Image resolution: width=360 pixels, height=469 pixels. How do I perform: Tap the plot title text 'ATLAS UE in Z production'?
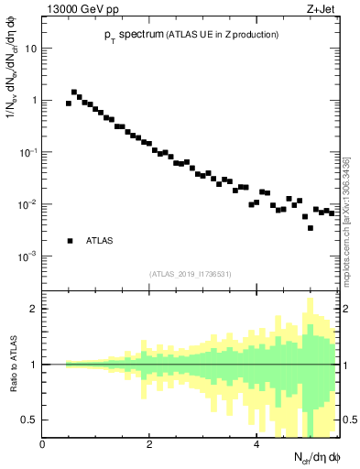(218, 35)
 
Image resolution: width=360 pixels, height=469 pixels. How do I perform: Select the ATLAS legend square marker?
(70, 241)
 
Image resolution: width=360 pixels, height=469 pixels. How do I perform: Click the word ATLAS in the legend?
(99, 241)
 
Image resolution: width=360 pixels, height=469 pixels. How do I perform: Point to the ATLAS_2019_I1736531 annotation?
(191, 273)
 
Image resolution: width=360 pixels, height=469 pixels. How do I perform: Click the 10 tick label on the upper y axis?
(30, 49)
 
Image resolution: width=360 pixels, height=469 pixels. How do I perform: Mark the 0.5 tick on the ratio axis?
(30, 420)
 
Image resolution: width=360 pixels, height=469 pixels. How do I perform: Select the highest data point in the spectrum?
(74, 92)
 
